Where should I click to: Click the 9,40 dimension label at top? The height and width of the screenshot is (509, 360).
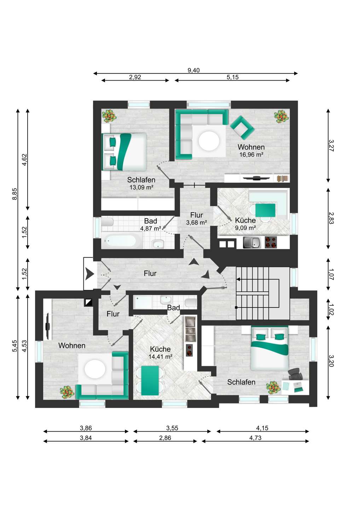coord(193,70)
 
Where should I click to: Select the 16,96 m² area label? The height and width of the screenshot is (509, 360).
coord(251,154)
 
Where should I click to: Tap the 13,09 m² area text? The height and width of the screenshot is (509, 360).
coord(141,187)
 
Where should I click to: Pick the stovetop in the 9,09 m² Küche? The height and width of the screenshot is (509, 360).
coord(271,242)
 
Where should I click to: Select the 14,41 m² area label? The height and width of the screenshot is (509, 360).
coord(160,357)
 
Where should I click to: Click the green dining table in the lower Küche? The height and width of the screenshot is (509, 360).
coord(150,380)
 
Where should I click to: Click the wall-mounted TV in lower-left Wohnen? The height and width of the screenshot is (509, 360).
coord(48,326)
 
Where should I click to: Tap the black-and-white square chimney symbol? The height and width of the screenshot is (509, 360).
coord(88,302)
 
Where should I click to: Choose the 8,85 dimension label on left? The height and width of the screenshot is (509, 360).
coord(15,194)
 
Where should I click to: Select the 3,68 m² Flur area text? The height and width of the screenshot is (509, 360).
coord(196,222)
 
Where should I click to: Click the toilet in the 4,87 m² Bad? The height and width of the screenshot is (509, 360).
coord(107,222)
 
